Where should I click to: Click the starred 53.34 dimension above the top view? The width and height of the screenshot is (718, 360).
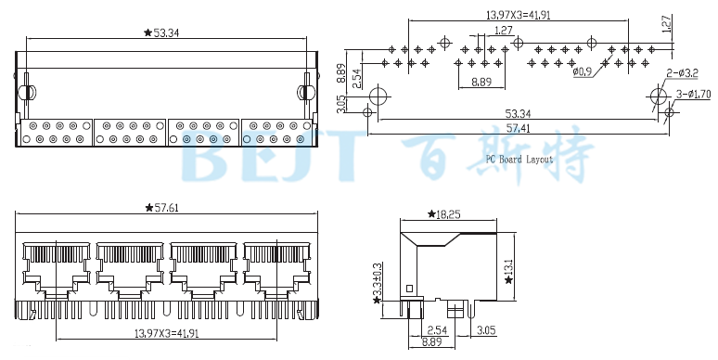(161, 32)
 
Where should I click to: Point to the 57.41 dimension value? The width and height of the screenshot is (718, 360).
(518, 128)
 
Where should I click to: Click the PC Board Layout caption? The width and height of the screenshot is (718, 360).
(519, 159)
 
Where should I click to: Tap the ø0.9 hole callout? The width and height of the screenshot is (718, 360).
(583, 71)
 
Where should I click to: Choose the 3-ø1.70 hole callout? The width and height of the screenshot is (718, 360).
(693, 94)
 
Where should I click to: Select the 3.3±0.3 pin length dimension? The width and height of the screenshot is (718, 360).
(377, 282)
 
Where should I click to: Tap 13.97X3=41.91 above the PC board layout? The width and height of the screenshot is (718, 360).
(518, 14)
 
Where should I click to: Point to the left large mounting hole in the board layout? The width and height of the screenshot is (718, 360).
(378, 96)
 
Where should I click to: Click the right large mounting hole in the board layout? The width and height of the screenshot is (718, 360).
(658, 96)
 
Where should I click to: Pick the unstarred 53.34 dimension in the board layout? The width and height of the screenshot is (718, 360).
(518, 113)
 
